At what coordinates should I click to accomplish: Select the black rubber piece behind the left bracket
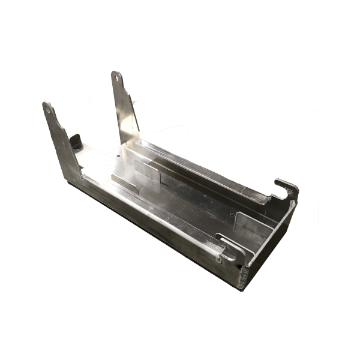(76, 142)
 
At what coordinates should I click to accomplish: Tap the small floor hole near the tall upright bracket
(120, 155)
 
